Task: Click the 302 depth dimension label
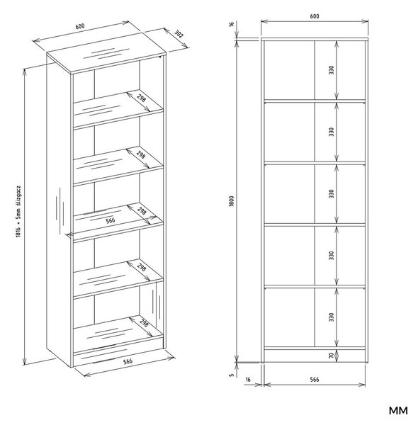[x=179, y=34]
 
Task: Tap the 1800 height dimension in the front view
[x=231, y=201]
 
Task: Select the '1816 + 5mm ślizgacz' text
[x=18, y=211]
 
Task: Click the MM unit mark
[x=398, y=411]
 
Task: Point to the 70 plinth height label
[x=331, y=356]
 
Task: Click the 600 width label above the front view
[x=315, y=16]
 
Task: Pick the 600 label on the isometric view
[x=80, y=27]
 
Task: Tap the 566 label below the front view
[x=315, y=380]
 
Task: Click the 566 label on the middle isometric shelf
[x=111, y=220]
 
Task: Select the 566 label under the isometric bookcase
[x=128, y=361]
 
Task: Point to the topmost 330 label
[x=331, y=70]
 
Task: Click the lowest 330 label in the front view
[x=331, y=317]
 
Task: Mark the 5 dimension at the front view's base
[x=231, y=375]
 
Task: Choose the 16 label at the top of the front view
[x=231, y=24]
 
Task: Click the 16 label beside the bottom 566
[x=248, y=380]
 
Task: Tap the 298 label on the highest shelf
[x=141, y=98]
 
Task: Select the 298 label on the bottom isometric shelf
[x=144, y=323]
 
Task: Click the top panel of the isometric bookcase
[x=106, y=52]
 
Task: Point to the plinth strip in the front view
[x=315, y=356]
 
